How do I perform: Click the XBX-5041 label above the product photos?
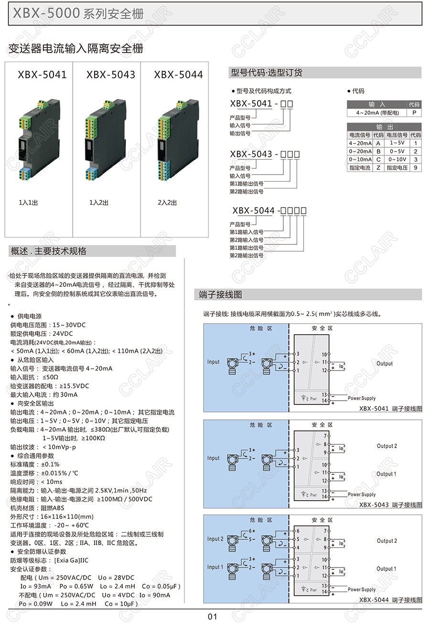click(42, 75)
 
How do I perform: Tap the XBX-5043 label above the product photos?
click(110, 75)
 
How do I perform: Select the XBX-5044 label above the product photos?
click(178, 75)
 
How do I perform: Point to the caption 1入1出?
click(28, 203)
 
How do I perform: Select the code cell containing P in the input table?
click(414, 113)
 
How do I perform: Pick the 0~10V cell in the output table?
click(397, 159)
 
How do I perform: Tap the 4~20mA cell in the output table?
click(360, 143)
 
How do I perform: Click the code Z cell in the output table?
click(378, 167)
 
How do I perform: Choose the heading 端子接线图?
click(221, 295)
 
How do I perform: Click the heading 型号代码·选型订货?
click(267, 73)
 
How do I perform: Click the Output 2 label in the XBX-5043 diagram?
click(387, 446)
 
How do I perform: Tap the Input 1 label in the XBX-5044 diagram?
click(215, 567)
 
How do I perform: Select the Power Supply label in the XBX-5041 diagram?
click(362, 398)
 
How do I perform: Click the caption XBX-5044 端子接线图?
click(390, 600)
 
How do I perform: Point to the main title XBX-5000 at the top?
click(46, 14)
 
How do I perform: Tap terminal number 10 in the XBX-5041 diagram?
click(324, 354)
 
